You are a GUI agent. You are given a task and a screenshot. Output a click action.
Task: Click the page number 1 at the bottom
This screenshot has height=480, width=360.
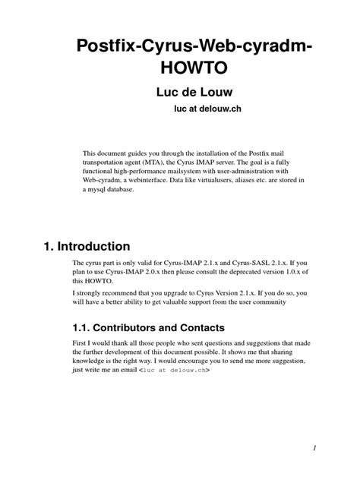coord(333,448)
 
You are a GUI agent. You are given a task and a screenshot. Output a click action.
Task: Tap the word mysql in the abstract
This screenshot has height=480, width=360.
coord(99,191)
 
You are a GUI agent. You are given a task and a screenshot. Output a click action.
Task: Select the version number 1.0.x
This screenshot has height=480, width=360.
coord(295,272)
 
